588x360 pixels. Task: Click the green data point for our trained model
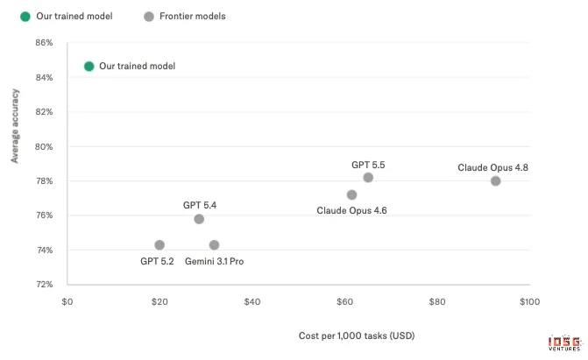point(89,67)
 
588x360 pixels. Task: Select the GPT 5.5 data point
point(368,178)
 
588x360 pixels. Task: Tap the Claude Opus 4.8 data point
point(495,181)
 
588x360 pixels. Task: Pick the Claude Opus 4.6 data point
point(351,194)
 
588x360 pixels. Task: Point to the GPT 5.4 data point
point(199,219)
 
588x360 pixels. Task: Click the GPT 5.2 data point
point(159,245)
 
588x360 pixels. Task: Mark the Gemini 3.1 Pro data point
point(214,245)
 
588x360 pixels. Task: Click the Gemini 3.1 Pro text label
point(214,261)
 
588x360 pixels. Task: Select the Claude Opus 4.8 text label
point(492,167)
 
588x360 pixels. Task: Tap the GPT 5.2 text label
point(157,261)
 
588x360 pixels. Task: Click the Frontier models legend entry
point(185,17)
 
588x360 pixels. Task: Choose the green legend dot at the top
point(25,17)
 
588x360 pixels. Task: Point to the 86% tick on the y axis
point(44,43)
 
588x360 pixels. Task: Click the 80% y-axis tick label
point(44,146)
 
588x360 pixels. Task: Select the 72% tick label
point(44,285)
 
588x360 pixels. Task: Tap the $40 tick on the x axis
point(252,302)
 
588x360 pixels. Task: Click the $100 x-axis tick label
point(529,302)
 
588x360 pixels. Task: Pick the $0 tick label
point(67,302)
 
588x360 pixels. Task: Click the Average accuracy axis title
point(15,126)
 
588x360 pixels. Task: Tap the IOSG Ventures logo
point(564,343)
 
